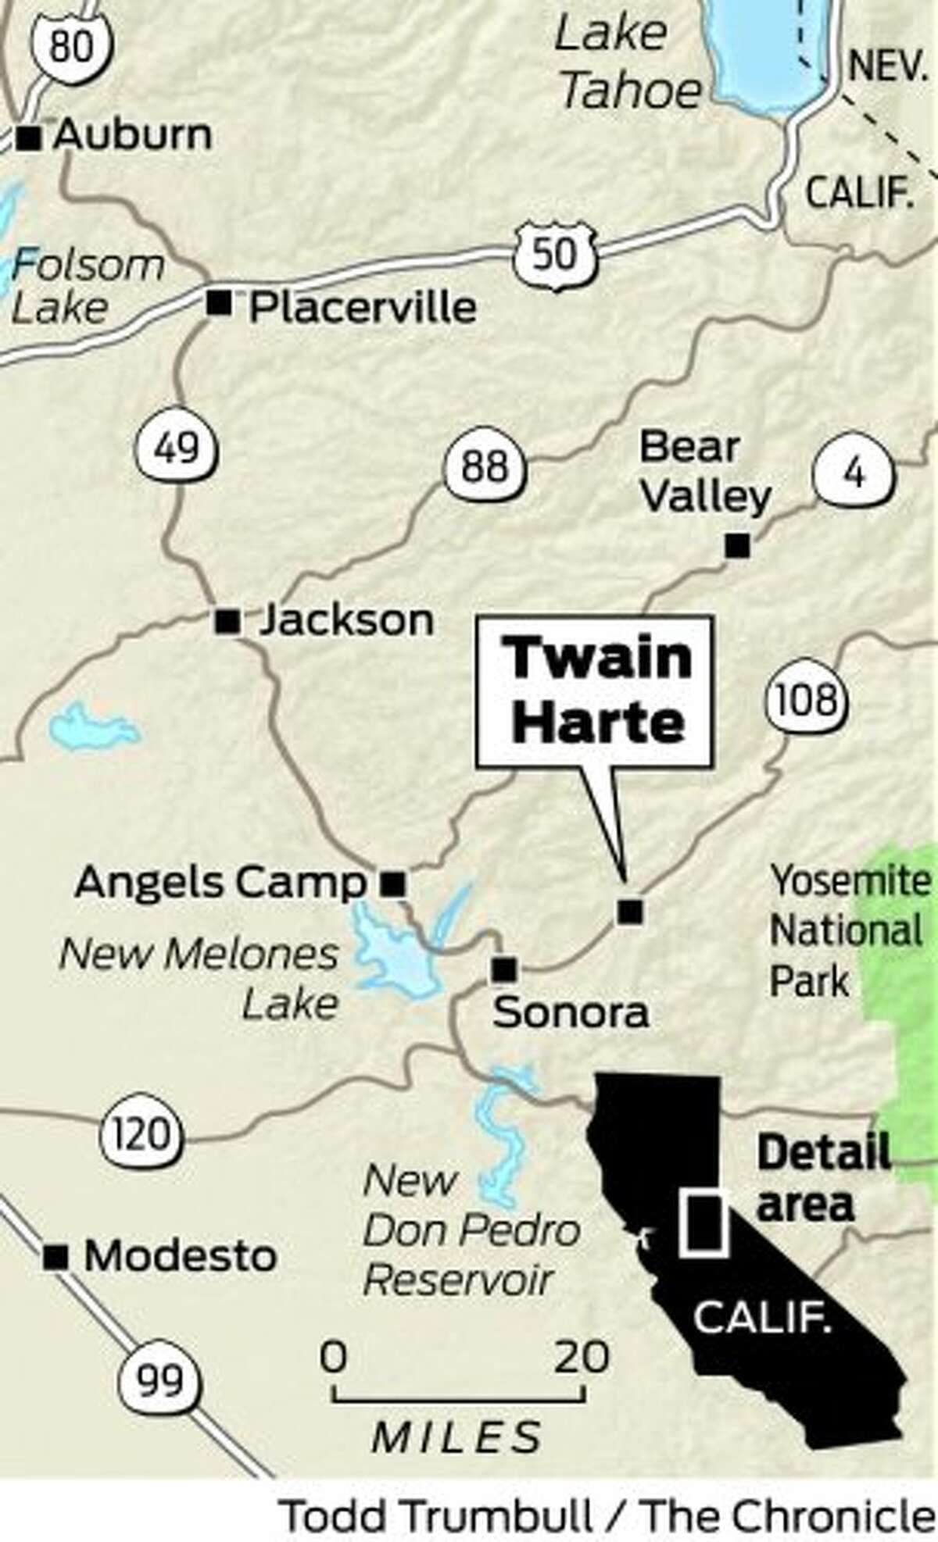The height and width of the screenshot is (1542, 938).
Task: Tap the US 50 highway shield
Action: point(556,252)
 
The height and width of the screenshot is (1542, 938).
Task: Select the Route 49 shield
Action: point(177,448)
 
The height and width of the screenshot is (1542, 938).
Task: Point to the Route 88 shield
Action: point(485,466)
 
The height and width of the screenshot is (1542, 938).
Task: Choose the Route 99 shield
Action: point(159,1380)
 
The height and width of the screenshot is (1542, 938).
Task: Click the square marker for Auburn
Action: point(29,138)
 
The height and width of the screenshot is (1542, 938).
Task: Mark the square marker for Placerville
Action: point(219,303)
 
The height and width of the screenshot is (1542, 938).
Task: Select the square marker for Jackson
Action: point(227,622)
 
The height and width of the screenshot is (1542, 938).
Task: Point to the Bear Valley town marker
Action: point(737,546)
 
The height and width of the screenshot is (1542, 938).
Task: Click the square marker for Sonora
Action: point(504,969)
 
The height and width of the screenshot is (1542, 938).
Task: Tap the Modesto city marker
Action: point(55,1257)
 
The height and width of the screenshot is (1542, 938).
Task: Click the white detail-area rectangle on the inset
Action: point(703,1223)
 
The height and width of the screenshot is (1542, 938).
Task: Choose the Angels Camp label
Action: point(220,883)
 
